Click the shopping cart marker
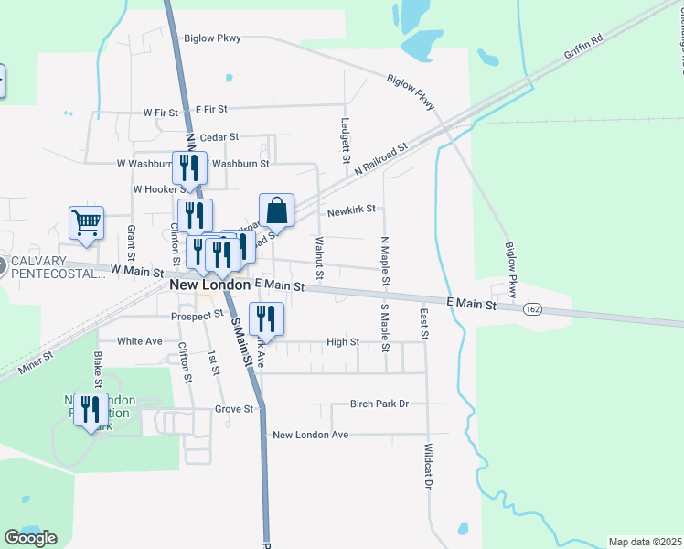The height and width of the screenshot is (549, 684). [x=86, y=222]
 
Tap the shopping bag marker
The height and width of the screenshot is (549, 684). [x=276, y=211]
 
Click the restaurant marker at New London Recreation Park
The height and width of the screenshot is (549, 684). [x=90, y=409]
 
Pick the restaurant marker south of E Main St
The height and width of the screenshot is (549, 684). [x=266, y=319]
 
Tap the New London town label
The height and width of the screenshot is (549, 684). [x=209, y=285]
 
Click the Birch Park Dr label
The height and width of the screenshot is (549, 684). [x=379, y=404]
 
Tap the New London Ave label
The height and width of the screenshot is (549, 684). [x=311, y=435]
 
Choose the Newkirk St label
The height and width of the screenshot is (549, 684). [x=351, y=210]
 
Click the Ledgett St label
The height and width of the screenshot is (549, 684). [x=346, y=140]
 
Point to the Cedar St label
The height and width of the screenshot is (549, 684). [x=219, y=137]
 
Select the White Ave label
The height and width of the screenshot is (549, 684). [x=140, y=341]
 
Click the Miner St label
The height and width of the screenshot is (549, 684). [x=35, y=363]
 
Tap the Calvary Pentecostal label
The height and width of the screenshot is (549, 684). [x=55, y=269]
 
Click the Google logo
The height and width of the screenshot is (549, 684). [x=30, y=537]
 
